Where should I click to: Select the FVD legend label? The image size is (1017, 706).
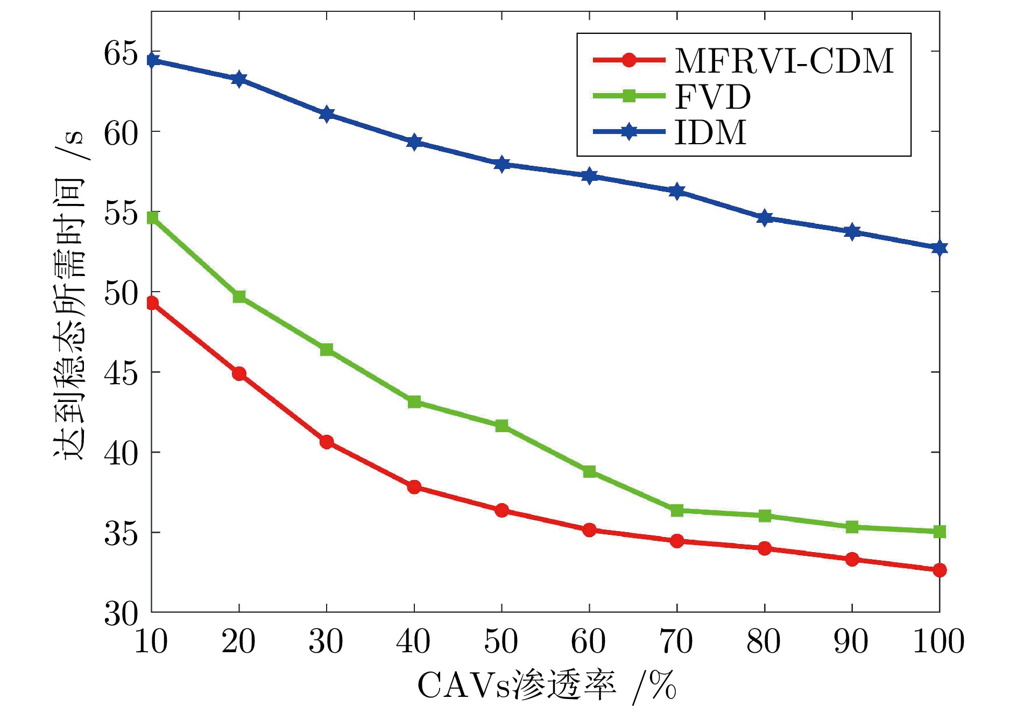(x=712, y=97)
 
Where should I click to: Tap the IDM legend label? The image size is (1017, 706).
(x=710, y=132)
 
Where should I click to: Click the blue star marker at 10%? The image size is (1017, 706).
(x=152, y=60)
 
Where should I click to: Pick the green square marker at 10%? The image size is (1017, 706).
(x=152, y=217)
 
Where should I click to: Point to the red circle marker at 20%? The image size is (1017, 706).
(x=239, y=373)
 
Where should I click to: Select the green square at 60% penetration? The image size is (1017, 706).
(x=589, y=472)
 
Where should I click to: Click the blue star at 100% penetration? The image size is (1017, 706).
(x=940, y=248)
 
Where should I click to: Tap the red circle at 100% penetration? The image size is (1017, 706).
(x=940, y=570)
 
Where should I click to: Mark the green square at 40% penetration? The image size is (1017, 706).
(x=414, y=402)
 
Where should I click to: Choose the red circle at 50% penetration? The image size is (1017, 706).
(x=502, y=510)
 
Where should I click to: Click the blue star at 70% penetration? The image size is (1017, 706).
(x=677, y=192)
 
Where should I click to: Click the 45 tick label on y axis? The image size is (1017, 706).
(x=121, y=373)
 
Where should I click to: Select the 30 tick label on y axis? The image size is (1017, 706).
(x=121, y=613)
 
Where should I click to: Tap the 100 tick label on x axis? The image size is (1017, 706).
(x=938, y=641)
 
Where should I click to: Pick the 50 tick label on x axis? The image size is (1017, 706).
(x=501, y=641)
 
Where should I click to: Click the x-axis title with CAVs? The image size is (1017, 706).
(x=546, y=685)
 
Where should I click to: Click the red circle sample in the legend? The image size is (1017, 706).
(x=628, y=60)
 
